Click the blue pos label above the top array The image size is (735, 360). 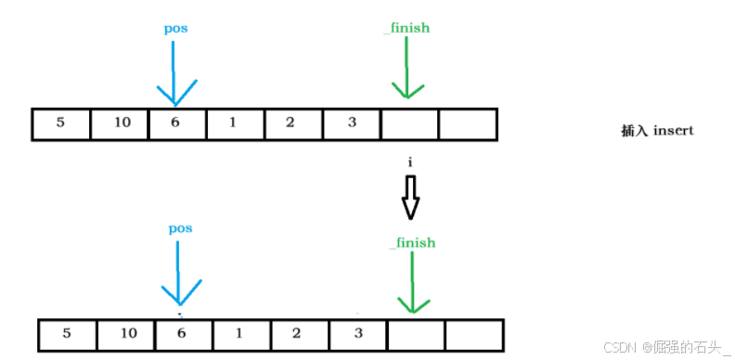point(175,29)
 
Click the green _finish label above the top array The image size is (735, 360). point(406,28)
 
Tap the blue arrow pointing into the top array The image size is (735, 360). point(174,73)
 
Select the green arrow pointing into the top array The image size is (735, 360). point(406,68)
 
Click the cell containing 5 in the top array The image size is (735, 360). point(61,124)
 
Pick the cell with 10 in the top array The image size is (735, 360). point(119,124)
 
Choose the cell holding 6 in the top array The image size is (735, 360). point(176,124)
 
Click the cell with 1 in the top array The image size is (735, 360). point(235,124)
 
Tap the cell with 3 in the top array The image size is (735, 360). point(352,124)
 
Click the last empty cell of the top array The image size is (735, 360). point(468,124)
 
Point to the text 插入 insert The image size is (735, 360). point(657,131)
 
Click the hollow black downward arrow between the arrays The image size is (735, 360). point(410,198)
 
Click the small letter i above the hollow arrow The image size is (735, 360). point(410,162)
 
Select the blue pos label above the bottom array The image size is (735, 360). point(180,229)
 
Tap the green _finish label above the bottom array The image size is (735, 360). point(412,243)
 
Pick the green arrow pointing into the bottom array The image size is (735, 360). point(413,282)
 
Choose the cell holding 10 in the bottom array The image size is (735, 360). point(125,334)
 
